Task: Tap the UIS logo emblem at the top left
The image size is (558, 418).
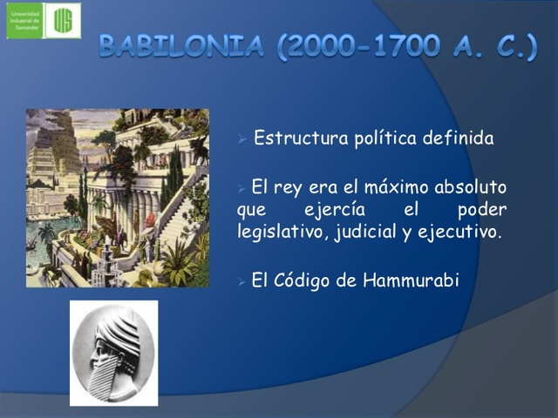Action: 62,20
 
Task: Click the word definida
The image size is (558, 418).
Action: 459,138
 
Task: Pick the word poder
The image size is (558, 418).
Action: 482,209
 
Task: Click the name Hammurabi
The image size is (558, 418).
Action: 409,280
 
